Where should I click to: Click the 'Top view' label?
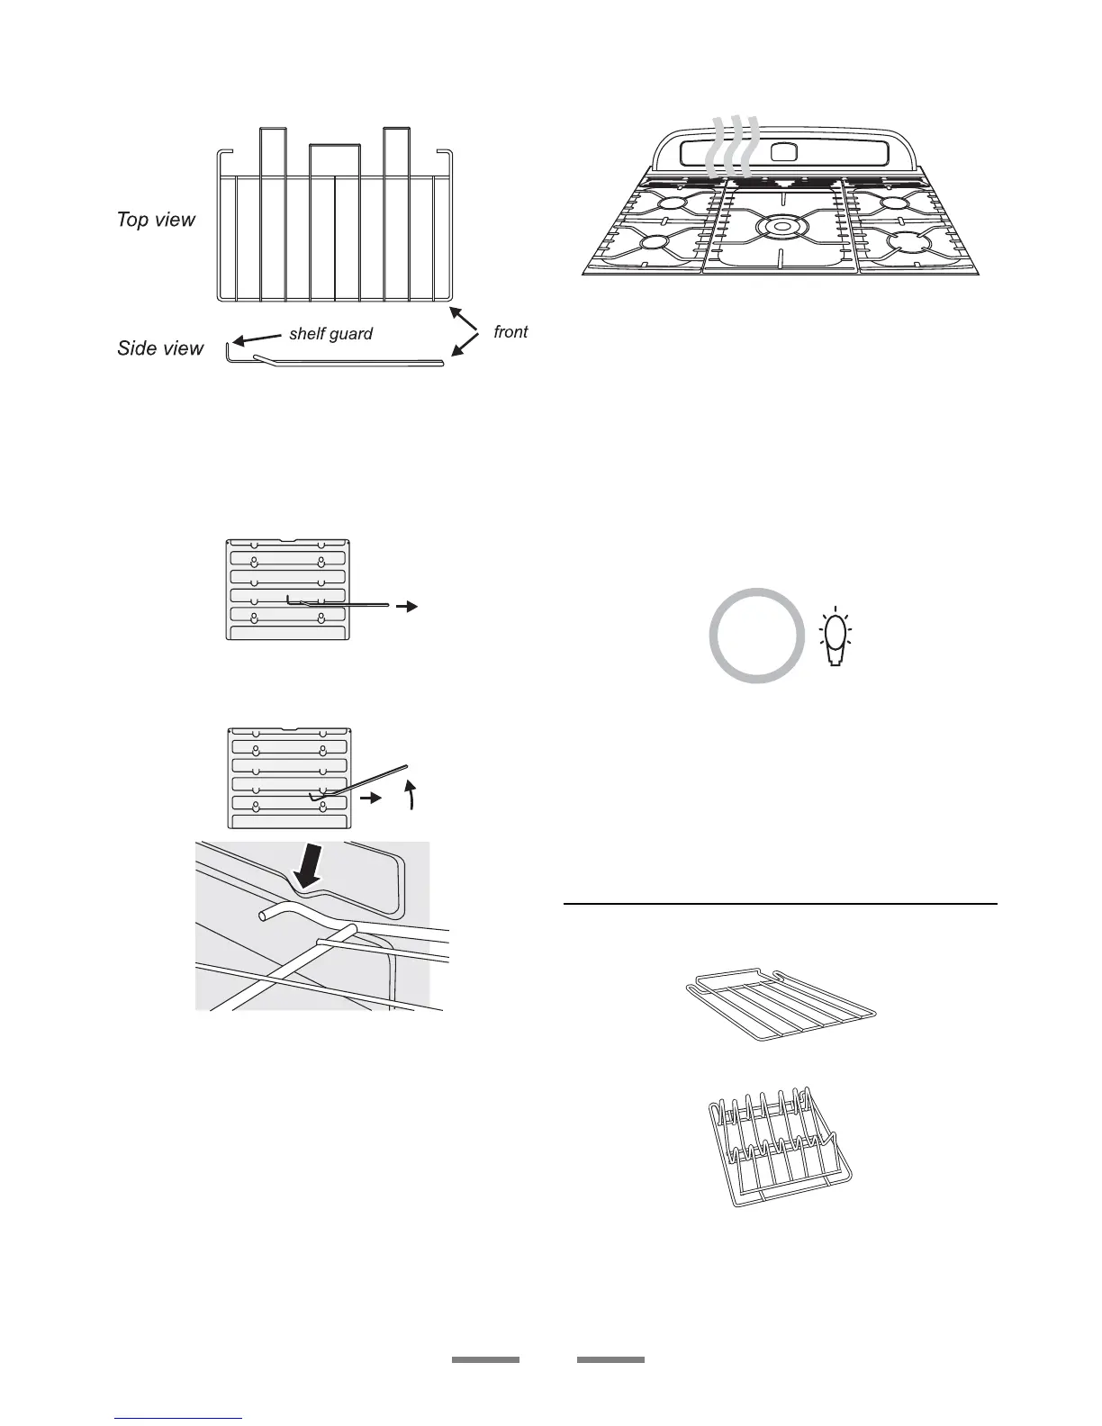[156, 220]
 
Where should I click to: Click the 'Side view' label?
[160, 348]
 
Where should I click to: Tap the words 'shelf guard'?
[330, 334]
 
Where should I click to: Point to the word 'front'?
[510, 332]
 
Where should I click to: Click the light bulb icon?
[837, 637]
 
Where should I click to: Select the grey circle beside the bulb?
[756, 635]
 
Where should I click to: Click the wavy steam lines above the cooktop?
[731, 149]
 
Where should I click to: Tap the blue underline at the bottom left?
[179, 1419]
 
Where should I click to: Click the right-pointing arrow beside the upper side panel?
[407, 607]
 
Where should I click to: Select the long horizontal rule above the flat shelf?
[780, 903]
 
